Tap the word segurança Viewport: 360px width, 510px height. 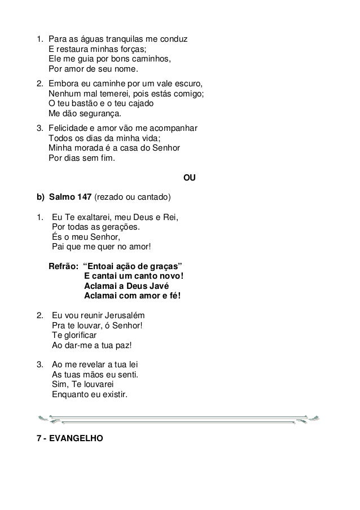click(x=96, y=114)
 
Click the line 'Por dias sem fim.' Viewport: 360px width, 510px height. click(x=81, y=159)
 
